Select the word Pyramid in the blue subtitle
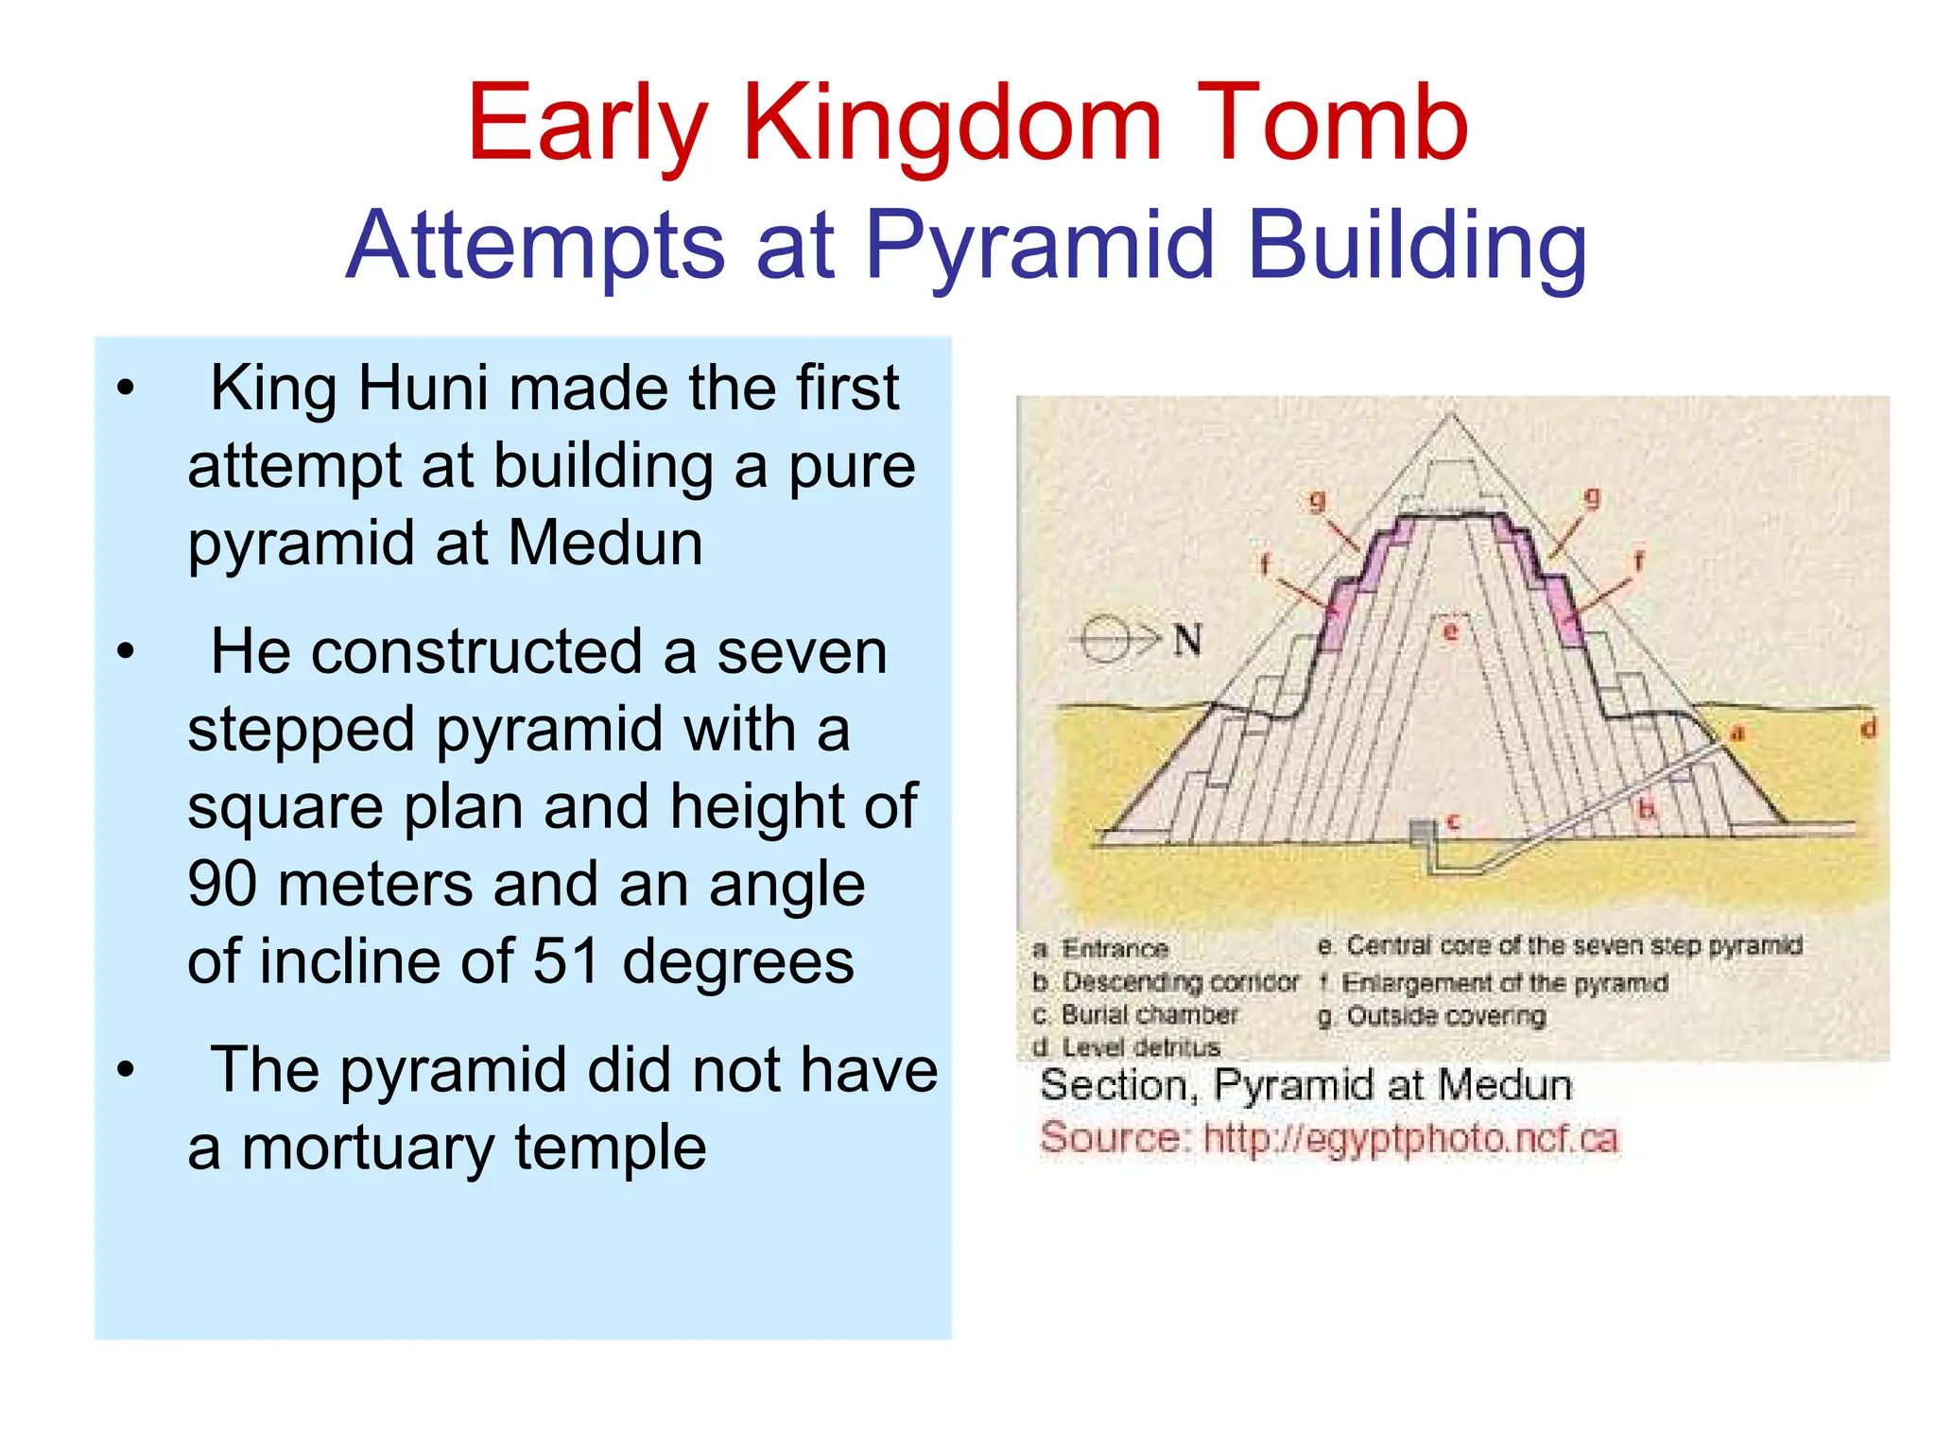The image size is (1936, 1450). [1039, 246]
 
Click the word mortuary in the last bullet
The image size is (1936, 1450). [368, 1148]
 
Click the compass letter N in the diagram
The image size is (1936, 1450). [1187, 641]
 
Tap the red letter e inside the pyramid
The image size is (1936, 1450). [1450, 630]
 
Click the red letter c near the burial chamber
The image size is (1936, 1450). [1453, 822]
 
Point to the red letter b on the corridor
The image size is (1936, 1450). [1646, 809]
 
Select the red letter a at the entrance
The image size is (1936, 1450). [1737, 734]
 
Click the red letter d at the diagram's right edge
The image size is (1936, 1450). [1868, 729]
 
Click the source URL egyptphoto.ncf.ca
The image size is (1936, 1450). [1409, 1137]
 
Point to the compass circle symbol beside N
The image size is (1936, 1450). [1104, 641]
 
